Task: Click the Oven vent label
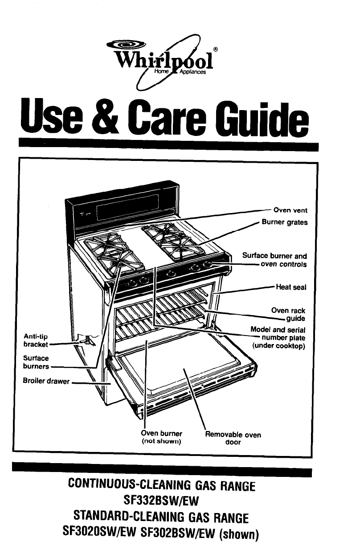point(290,210)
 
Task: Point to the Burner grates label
point(284,222)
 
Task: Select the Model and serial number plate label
point(278,338)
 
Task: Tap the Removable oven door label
point(233,438)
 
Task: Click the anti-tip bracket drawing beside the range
point(87,341)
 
